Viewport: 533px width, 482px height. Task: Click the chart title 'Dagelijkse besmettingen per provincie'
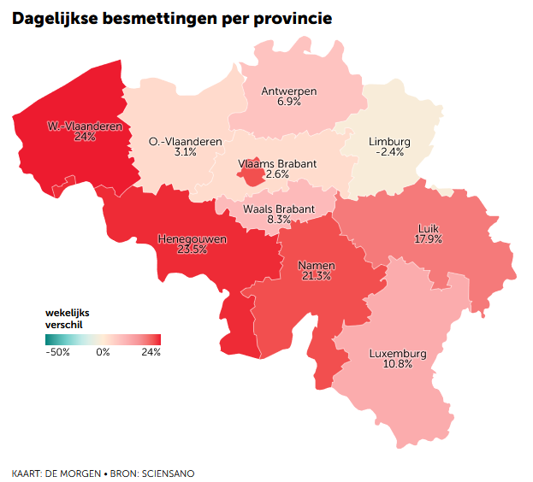click(172, 18)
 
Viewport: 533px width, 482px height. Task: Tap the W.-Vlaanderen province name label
click(84, 126)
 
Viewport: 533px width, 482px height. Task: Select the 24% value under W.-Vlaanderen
click(85, 137)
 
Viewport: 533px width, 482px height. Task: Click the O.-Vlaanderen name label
click(185, 142)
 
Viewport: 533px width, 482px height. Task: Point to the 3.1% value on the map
click(185, 152)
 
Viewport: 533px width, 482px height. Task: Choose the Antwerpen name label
click(289, 91)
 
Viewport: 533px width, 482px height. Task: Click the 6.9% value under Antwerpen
click(289, 102)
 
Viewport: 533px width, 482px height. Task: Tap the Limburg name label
click(389, 142)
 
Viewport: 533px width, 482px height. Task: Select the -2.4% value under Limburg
click(389, 152)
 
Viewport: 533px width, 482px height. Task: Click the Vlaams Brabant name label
click(277, 163)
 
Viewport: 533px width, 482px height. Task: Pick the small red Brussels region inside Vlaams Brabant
click(251, 176)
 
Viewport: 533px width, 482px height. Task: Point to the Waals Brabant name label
click(279, 209)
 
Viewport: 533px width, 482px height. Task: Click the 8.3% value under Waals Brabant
click(279, 220)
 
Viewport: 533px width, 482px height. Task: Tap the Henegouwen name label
click(192, 239)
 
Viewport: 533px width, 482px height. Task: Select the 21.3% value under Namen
click(316, 276)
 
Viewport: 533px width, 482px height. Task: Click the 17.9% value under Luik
click(429, 239)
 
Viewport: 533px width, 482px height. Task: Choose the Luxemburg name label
click(398, 353)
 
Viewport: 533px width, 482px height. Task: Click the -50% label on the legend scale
click(58, 351)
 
